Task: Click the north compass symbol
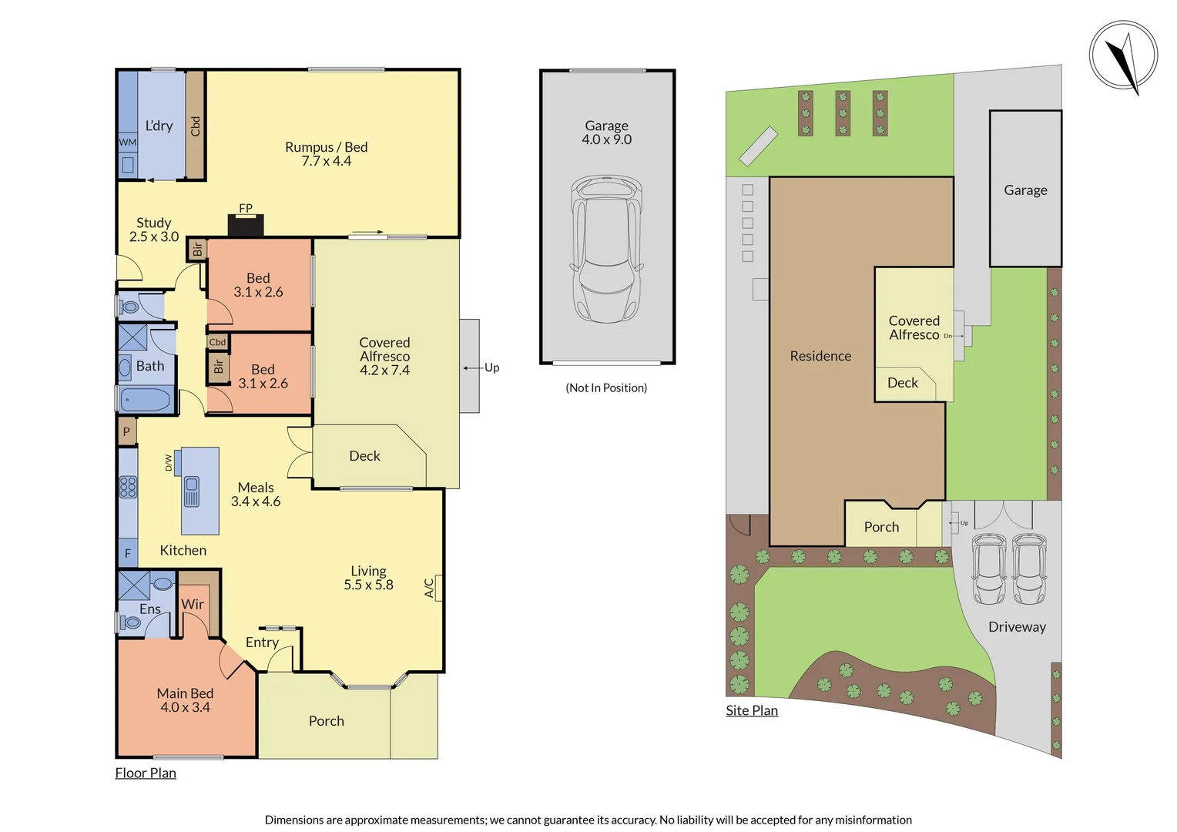tap(1123, 55)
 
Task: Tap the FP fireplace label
tap(246, 208)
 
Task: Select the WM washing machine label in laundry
tap(127, 143)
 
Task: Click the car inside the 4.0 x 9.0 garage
tap(606, 248)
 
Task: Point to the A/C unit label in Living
tap(430, 589)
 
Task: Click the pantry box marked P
tap(127, 431)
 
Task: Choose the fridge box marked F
tap(128, 553)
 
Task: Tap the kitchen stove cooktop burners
tap(128, 487)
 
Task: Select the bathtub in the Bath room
tap(146, 400)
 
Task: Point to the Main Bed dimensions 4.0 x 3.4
tap(185, 707)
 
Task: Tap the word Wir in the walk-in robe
tap(193, 604)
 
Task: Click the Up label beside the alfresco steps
tap(491, 367)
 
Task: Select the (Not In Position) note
tap(606, 387)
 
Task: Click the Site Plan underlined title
tap(752, 710)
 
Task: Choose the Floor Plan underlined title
tap(146, 773)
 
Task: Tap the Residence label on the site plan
tap(820, 356)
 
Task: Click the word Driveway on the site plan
tap(1017, 627)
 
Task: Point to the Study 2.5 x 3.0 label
tap(154, 230)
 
